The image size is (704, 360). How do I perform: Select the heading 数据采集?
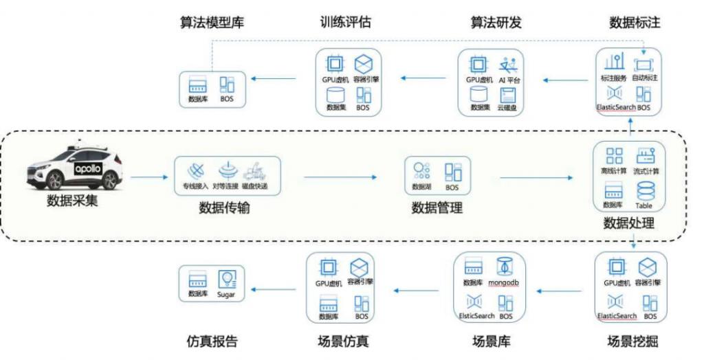click(x=73, y=201)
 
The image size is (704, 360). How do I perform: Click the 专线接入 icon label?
click(x=196, y=187)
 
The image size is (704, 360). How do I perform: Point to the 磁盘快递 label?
click(x=254, y=187)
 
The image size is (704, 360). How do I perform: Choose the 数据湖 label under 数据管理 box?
click(x=421, y=187)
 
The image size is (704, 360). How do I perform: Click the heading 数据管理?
click(x=437, y=207)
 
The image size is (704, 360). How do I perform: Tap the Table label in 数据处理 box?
click(x=643, y=205)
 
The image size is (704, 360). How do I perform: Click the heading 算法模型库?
click(x=210, y=23)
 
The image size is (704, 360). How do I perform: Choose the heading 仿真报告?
click(x=212, y=341)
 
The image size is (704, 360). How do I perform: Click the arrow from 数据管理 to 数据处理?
click(x=536, y=178)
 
